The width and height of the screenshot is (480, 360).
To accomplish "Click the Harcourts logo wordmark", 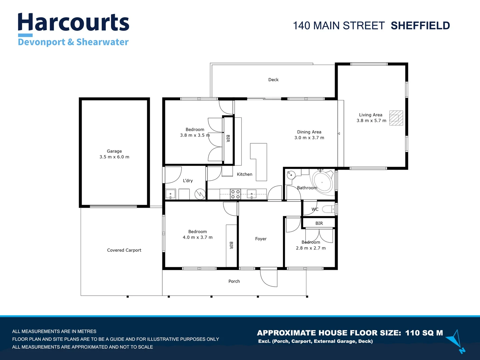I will click(73, 23).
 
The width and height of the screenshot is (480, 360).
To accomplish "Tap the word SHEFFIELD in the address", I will click(420, 26).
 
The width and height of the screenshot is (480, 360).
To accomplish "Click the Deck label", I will click(273, 80).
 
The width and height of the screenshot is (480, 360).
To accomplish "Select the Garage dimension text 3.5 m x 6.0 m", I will click(114, 157).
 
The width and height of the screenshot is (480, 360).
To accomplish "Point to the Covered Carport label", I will click(124, 250).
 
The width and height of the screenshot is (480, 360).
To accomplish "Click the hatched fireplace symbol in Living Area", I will click(396, 118).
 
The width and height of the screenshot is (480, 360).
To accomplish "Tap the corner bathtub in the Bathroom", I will click(322, 182).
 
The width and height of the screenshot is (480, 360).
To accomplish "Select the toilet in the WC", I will click(329, 209).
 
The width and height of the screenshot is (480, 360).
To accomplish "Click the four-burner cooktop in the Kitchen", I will click(235, 194).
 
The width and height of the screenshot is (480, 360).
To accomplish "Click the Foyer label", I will click(261, 239).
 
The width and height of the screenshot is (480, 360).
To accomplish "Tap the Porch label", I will click(234, 281).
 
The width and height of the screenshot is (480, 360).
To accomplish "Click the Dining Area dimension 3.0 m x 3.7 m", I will click(309, 138).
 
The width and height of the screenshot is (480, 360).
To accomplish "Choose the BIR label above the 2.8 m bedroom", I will click(319, 223).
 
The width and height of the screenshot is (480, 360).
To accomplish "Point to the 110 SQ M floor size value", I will click(424, 333).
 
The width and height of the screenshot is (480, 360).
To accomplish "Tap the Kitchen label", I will click(244, 174).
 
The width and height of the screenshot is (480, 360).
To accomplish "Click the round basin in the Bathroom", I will click(291, 174).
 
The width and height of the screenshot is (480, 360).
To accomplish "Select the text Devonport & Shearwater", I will click(73, 42).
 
